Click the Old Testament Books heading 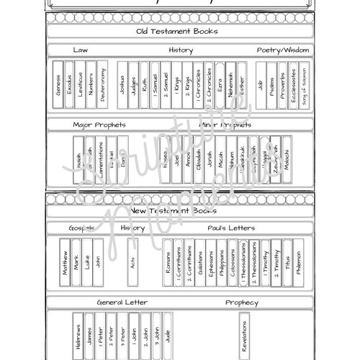[x=177, y=32]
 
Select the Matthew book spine [x=66, y=264]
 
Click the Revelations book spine [x=244, y=336]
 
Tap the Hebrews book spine [x=77, y=336]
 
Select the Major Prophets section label [x=99, y=125]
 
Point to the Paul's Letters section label [x=231, y=228]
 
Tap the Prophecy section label [x=241, y=302]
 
